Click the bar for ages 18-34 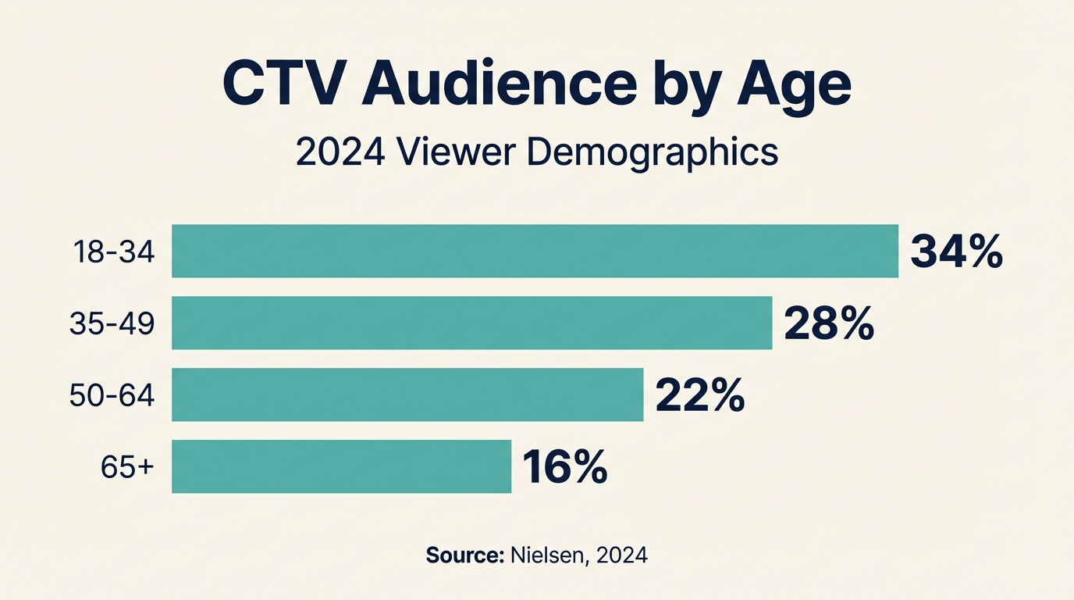(x=535, y=251)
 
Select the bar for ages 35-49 (x=471, y=323)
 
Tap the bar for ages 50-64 (x=407, y=395)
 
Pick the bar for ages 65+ (x=341, y=466)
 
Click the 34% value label (x=956, y=252)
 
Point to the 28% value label (x=829, y=323)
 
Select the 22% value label (x=700, y=395)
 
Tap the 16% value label (x=565, y=467)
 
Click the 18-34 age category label (x=114, y=252)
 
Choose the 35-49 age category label (x=112, y=323)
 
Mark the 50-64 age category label (x=112, y=395)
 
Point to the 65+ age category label (x=127, y=467)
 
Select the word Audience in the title (x=500, y=85)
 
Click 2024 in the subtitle (x=340, y=152)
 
